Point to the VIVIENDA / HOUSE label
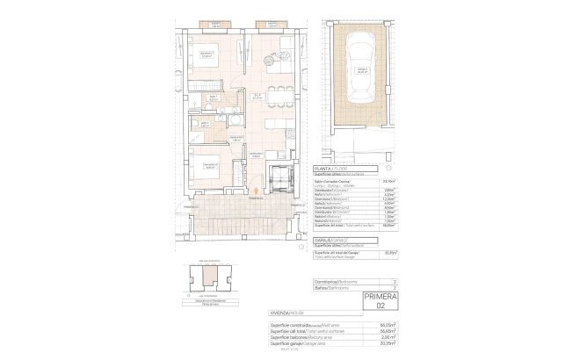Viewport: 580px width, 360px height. tap(286, 313)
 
